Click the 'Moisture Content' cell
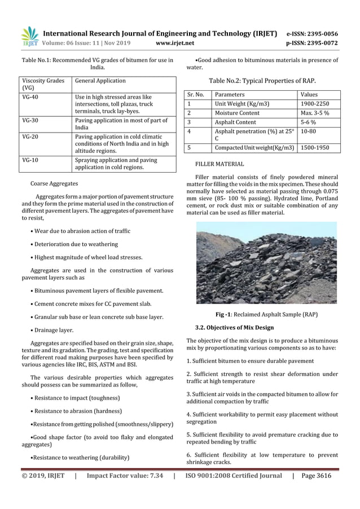237,113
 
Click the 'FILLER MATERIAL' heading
219,164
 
